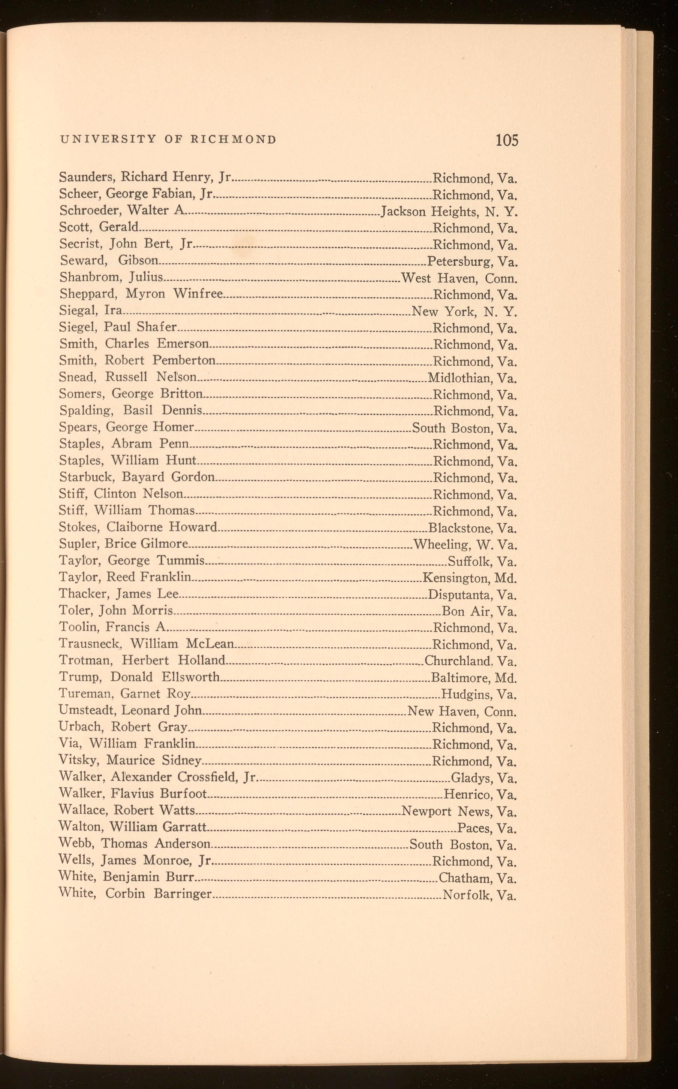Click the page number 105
point(507,140)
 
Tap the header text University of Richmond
point(168,139)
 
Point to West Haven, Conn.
point(459,278)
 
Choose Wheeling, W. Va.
point(465,545)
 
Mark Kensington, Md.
point(470,578)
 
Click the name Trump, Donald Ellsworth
point(139,677)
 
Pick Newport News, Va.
point(459,811)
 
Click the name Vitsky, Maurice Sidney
point(130,760)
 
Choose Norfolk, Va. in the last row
point(479,896)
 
